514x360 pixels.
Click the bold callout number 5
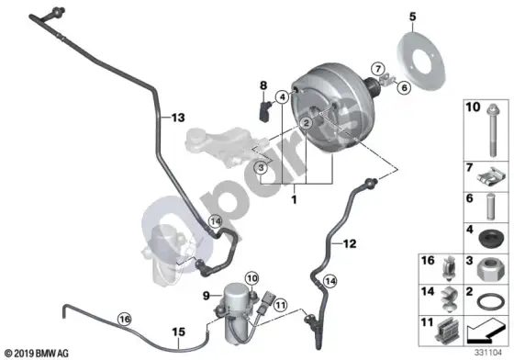coord(413,17)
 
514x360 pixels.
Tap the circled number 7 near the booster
coord(378,69)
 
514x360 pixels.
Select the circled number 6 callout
coord(404,87)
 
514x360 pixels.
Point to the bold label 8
coord(263,85)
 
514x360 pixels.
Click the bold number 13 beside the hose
coord(178,118)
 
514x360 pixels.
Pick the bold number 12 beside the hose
coord(350,243)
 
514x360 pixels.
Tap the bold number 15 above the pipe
coord(179,332)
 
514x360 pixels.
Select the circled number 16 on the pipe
coord(125,319)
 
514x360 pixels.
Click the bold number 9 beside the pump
coord(207,296)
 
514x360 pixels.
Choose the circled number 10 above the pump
coord(252,278)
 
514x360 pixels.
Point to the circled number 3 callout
coord(261,168)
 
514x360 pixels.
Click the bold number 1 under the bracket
coord(294,199)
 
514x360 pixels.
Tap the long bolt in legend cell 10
coord(493,130)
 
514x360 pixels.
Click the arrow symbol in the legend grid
coord(486,331)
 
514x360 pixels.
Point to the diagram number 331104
coord(488,353)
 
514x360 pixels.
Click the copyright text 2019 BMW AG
coord(37,354)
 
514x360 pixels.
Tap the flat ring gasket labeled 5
coord(421,61)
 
